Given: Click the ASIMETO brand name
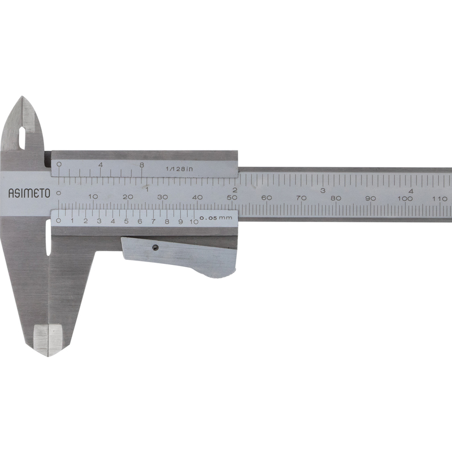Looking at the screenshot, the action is pos(29,193).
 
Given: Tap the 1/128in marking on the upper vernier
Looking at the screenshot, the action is pos(179,169).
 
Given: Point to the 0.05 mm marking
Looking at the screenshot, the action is pos(216,218).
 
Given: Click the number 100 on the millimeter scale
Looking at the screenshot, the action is pos(405,198).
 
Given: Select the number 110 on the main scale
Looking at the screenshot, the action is pos(440,198).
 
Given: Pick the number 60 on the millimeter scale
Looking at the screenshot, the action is pos(267,198).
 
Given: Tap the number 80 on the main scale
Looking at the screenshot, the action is pos(336,198).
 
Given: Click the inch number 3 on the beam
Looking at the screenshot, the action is pos(323,190).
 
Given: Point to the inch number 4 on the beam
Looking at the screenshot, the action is pos(411,191).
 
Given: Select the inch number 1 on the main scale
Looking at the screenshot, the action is pos(147,190).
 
